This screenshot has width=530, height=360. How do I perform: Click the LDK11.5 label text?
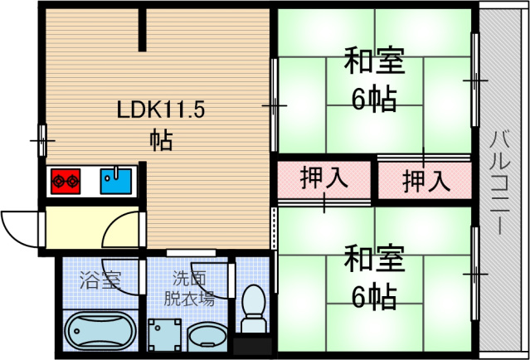click(x=159, y=109)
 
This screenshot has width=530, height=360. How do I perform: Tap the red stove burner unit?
click(x=66, y=179)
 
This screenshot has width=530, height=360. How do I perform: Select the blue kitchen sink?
click(x=115, y=179)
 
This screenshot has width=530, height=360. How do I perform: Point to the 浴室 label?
click(x=100, y=280)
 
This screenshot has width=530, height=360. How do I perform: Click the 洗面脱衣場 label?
click(x=187, y=287)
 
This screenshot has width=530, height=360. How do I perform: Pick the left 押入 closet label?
click(x=323, y=178)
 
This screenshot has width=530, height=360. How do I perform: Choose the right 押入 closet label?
click(x=426, y=179)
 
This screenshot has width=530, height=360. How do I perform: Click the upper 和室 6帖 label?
click(x=374, y=80)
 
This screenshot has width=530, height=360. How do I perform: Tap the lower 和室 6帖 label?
click(x=374, y=275)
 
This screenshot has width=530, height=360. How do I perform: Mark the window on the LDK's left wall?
click(x=42, y=140)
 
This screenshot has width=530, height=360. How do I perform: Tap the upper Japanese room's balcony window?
click(x=476, y=80)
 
